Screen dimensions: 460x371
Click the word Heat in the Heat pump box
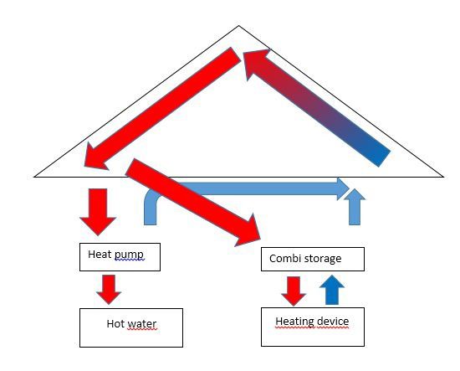99,254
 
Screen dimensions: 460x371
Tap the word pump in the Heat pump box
129,255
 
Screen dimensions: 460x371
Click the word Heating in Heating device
294,322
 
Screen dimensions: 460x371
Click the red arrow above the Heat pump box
98,212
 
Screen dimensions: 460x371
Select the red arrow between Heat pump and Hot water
109,289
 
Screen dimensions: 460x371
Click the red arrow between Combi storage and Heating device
294,291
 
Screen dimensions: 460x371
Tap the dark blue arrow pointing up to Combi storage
332,290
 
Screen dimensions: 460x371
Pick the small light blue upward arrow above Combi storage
355,207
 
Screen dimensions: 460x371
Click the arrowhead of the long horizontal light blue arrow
343,188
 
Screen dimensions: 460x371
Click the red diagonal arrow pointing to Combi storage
194,203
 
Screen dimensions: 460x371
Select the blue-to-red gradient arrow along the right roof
317,107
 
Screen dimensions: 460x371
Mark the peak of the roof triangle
239,26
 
